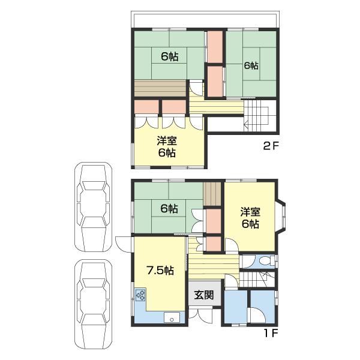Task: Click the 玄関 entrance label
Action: point(204,295)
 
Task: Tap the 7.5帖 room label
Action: point(160,271)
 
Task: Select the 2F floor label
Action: point(271,146)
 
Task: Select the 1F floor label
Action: point(271,333)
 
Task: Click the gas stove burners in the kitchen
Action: point(140,295)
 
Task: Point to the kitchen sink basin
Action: point(172,317)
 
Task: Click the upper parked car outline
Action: point(93,208)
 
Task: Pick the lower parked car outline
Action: point(93,304)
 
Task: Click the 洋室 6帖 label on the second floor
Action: point(167,147)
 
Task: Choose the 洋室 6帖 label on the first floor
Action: point(250,218)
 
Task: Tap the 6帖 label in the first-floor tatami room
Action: point(169,209)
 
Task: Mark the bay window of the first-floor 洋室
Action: point(281,218)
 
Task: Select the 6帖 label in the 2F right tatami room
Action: point(251,66)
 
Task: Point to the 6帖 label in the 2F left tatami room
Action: point(169,56)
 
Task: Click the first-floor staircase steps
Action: point(257,279)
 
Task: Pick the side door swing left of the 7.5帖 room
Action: point(124,244)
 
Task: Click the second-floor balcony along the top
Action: point(205,19)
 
